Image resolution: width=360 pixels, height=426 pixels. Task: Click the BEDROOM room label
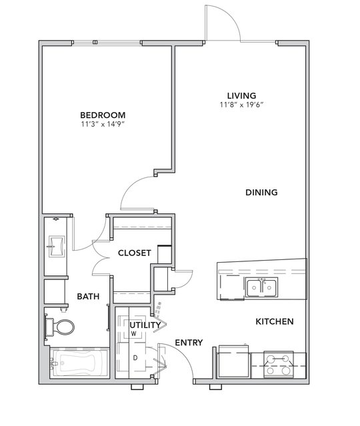pyautogui.click(x=103, y=115)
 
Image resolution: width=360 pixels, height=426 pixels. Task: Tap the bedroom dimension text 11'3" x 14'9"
pyautogui.click(x=103, y=124)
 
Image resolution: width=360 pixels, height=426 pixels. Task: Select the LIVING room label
pyautogui.click(x=241, y=95)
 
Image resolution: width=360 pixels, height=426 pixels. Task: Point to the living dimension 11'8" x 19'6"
pyautogui.click(x=241, y=105)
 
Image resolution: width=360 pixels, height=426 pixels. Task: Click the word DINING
pyautogui.click(x=261, y=193)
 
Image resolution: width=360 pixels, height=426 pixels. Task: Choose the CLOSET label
pyautogui.click(x=135, y=253)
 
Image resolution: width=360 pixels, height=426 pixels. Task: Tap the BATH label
pyautogui.click(x=88, y=296)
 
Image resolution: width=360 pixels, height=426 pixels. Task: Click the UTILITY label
pyautogui.click(x=145, y=325)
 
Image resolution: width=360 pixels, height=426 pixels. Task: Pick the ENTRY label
pyautogui.click(x=189, y=343)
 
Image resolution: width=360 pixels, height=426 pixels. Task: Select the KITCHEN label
pyautogui.click(x=275, y=321)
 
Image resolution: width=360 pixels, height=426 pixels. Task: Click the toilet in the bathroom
pyautogui.click(x=59, y=327)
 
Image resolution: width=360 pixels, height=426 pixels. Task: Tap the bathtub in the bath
pyautogui.click(x=79, y=363)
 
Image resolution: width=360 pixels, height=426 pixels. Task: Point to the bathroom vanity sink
pyautogui.click(x=57, y=246)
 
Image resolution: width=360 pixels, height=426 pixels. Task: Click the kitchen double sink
pyautogui.click(x=261, y=287)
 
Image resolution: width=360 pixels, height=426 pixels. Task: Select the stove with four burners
pyautogui.click(x=278, y=365)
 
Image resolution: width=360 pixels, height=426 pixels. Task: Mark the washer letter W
pyautogui.click(x=133, y=333)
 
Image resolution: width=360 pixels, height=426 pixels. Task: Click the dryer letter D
pyautogui.click(x=135, y=358)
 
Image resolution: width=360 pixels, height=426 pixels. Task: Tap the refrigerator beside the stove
pyautogui.click(x=234, y=362)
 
